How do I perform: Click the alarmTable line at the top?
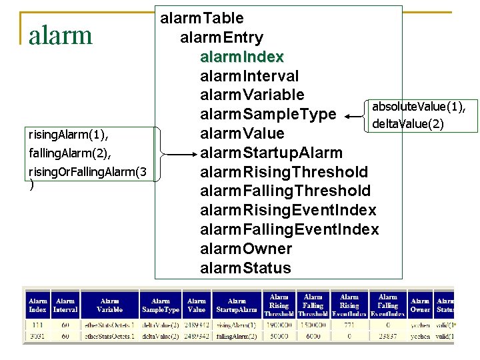pos(201,18)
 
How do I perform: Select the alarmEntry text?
pos(221,37)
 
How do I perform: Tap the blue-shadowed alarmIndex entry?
pos(242,57)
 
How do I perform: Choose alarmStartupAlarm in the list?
pos(271,153)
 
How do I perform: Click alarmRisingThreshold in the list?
pos(284,172)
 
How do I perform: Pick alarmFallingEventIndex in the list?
pos(289,229)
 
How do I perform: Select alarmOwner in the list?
pos(246,249)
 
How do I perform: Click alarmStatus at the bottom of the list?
pos(245,268)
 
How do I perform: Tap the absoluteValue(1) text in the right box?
pos(419,107)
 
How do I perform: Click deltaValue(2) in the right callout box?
pos(407,123)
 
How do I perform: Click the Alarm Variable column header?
pos(109,305)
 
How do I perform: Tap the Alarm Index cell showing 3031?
pos(37,337)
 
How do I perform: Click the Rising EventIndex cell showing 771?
pos(349,325)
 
